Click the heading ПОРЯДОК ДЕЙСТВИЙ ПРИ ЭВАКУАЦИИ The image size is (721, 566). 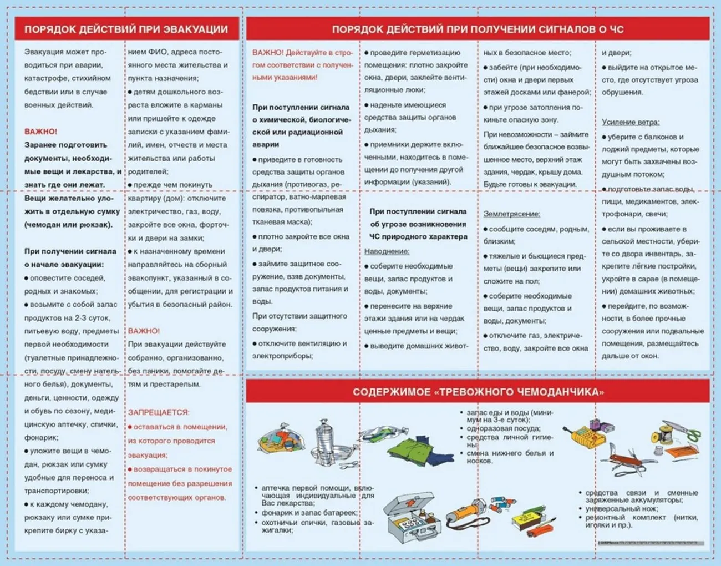point(126,29)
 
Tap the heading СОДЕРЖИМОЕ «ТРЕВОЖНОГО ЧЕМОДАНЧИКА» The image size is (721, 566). point(478,392)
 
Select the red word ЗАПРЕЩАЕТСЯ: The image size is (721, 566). point(159,412)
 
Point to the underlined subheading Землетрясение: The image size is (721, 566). point(511,214)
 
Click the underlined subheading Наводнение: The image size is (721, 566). point(387,251)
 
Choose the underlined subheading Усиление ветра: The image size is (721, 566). point(631,122)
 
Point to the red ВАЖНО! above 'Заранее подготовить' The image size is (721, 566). point(40,132)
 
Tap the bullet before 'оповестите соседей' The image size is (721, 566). point(27,278)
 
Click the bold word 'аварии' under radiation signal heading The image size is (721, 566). point(266,144)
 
